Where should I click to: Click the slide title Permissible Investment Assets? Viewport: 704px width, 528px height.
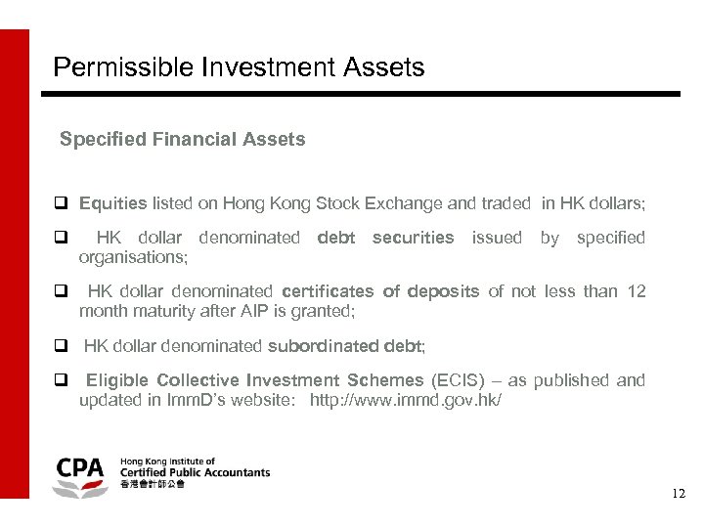(239, 67)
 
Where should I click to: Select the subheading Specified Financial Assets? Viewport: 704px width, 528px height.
(182, 140)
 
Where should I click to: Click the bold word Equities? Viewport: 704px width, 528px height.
(112, 203)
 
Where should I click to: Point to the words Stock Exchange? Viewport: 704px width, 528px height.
(379, 203)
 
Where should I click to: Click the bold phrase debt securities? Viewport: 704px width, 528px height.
(386, 238)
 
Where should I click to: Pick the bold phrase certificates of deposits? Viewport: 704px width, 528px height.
(380, 291)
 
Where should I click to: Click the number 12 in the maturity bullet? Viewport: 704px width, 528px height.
(636, 291)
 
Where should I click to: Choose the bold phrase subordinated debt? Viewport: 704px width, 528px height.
(345, 345)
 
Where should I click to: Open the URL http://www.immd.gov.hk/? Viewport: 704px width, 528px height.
(406, 400)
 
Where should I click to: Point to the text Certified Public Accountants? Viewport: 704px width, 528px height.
(195, 472)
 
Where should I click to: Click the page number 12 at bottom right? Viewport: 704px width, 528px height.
(679, 495)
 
